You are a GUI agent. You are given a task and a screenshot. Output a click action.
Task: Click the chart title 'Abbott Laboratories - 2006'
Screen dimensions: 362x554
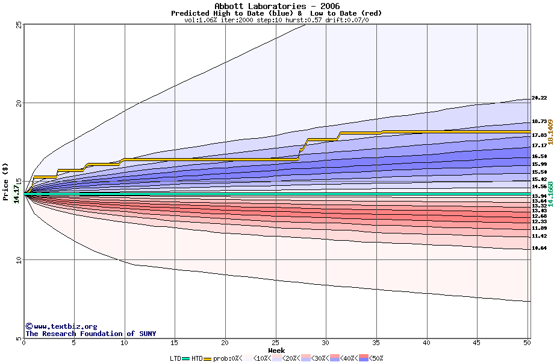click(x=276, y=6)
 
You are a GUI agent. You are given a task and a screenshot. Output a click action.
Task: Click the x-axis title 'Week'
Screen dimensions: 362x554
click(x=276, y=351)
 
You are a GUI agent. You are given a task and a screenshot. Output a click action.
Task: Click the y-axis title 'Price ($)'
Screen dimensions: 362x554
click(x=5, y=181)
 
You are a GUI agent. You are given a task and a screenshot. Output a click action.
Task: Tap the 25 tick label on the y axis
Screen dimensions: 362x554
click(x=19, y=25)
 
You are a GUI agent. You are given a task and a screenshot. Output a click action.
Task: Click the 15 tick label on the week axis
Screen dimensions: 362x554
click(x=175, y=343)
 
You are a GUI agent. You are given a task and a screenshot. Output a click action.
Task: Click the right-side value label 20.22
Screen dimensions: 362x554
click(x=539, y=98)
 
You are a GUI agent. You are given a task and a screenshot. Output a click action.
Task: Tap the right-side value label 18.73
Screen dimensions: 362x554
click(x=539, y=121)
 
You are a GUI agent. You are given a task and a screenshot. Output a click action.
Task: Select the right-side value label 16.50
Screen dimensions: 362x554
click(x=539, y=156)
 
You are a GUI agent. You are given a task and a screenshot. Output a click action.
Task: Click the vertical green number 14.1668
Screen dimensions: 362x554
click(x=550, y=194)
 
